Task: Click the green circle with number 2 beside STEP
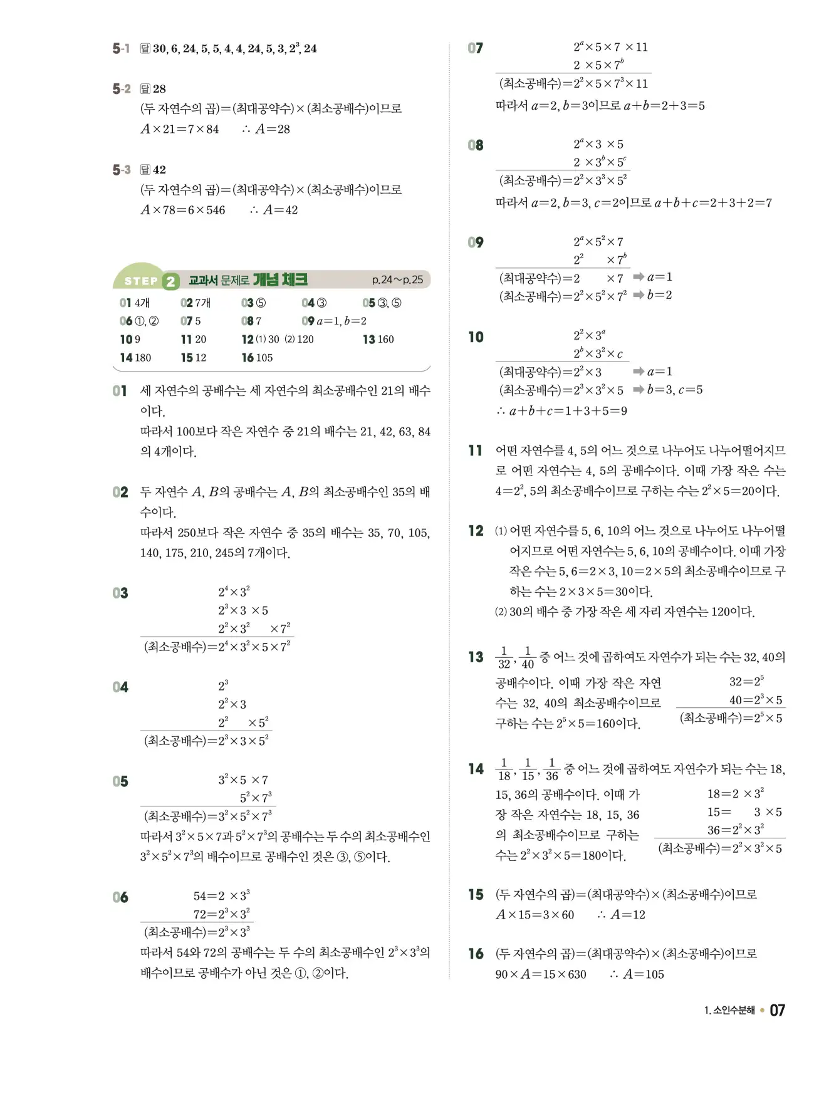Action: click(x=170, y=281)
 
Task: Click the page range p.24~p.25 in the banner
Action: click(x=397, y=280)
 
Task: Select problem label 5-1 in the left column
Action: click(x=121, y=49)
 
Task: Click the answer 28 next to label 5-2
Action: click(x=160, y=89)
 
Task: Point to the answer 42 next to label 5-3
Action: click(x=160, y=170)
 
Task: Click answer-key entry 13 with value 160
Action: click(x=378, y=340)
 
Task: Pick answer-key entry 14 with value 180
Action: click(x=135, y=358)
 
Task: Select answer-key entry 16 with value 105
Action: click(x=257, y=358)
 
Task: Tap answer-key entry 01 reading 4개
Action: click(x=135, y=303)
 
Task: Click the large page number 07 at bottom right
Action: click(x=777, y=1010)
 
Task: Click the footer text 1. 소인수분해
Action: click(x=729, y=1011)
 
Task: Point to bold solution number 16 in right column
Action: click(x=476, y=954)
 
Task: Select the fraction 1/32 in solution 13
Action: click(x=504, y=658)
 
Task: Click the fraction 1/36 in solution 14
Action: click(x=551, y=769)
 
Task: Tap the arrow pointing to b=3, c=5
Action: click(x=639, y=390)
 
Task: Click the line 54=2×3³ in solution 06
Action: click(x=221, y=896)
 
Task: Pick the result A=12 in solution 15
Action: click(x=628, y=915)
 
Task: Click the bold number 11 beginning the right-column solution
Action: click(x=476, y=451)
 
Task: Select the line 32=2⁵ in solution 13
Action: click(x=746, y=681)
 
